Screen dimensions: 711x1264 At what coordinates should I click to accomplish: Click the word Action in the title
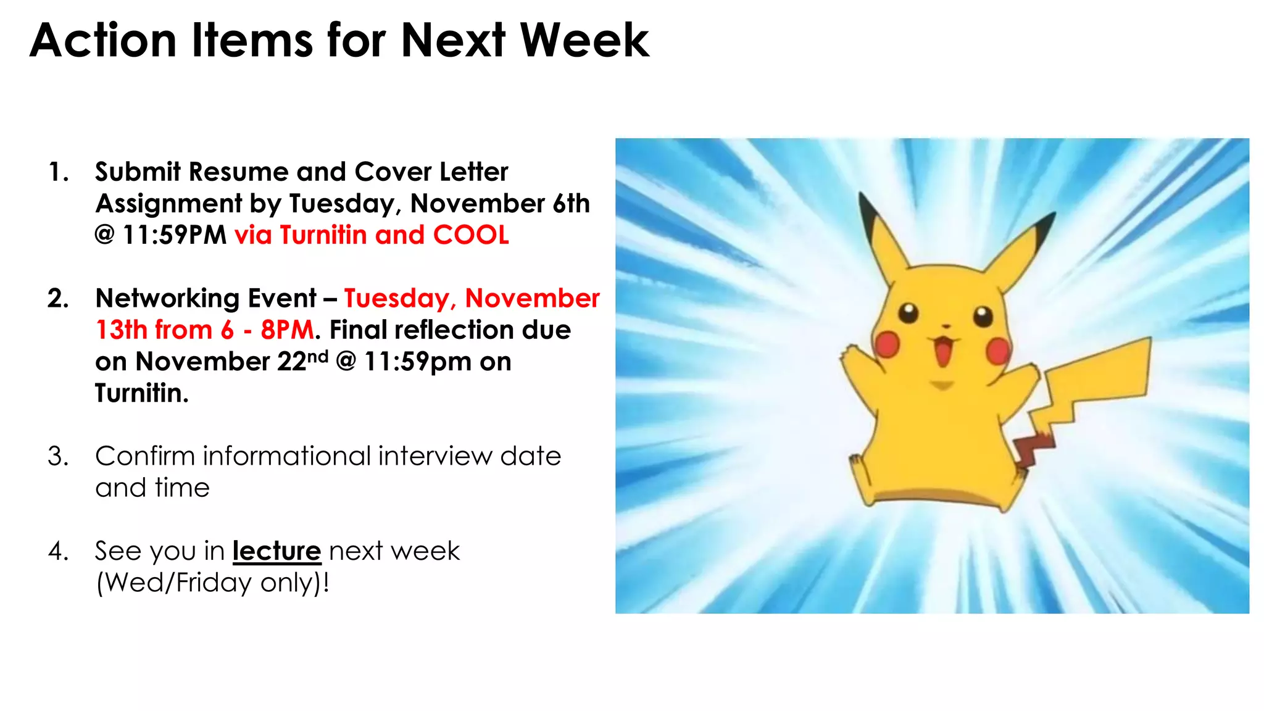[103, 41]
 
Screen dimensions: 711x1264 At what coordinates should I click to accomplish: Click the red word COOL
[471, 235]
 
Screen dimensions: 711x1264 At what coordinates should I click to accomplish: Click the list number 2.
[57, 299]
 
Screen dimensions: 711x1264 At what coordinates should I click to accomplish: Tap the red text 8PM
[287, 330]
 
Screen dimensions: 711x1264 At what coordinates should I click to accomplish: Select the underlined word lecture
[276, 551]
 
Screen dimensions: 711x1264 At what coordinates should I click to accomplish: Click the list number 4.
[57, 551]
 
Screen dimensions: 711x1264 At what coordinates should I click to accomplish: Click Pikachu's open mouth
[942, 352]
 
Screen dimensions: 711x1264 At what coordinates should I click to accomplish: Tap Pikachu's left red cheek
[888, 344]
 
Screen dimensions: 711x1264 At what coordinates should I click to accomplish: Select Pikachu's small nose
[945, 326]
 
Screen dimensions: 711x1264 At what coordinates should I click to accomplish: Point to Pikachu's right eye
[983, 317]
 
